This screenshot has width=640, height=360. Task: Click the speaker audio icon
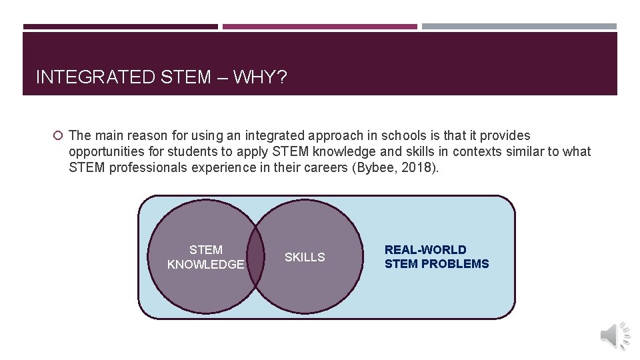614,335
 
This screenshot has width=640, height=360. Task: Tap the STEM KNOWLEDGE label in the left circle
205,257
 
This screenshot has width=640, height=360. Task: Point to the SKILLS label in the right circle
305,257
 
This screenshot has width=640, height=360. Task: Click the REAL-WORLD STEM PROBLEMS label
436,257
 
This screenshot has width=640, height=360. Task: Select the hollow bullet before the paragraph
58,135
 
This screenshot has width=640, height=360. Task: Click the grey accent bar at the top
519,27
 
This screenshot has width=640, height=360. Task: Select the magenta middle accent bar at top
319,27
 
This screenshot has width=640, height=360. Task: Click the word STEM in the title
186,77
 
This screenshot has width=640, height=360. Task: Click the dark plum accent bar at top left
120,27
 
